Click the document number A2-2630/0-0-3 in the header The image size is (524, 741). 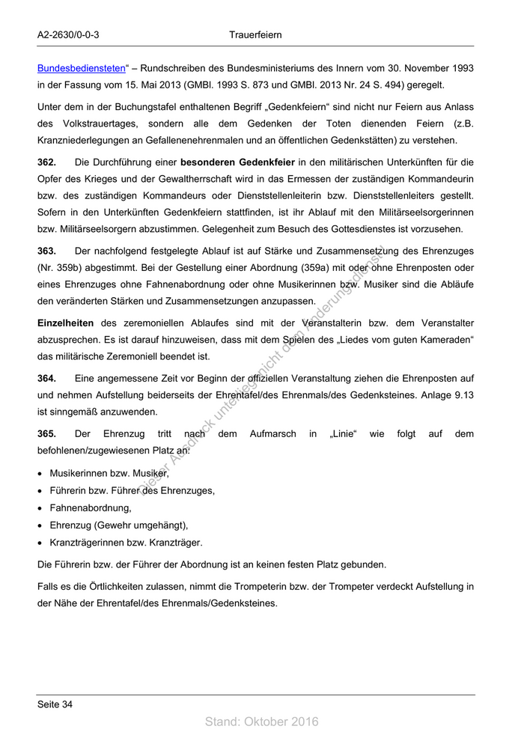tap(68, 35)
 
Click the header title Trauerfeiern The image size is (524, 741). tap(256, 35)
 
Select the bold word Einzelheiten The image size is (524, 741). tap(65, 323)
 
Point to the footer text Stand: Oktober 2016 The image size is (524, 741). tap(261, 722)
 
